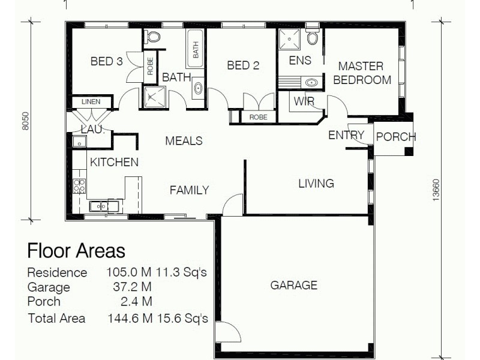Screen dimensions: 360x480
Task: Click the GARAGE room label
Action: click(293, 285)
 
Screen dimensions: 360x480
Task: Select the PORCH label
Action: click(395, 137)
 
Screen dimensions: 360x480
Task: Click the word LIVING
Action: click(316, 184)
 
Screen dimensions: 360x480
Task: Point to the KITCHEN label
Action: click(114, 162)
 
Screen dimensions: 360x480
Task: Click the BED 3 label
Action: click(106, 61)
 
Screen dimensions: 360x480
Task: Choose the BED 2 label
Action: click(242, 65)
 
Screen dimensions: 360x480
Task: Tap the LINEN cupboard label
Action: click(91, 102)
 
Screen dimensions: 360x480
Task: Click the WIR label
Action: click(304, 101)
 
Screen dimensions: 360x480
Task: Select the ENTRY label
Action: click(346, 136)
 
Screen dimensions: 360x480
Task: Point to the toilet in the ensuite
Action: click(312, 37)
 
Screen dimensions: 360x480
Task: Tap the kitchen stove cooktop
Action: click(79, 185)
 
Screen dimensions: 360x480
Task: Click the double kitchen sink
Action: click(104, 206)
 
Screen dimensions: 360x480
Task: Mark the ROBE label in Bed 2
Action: click(258, 118)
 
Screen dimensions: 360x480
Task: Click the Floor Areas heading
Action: click(76, 250)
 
